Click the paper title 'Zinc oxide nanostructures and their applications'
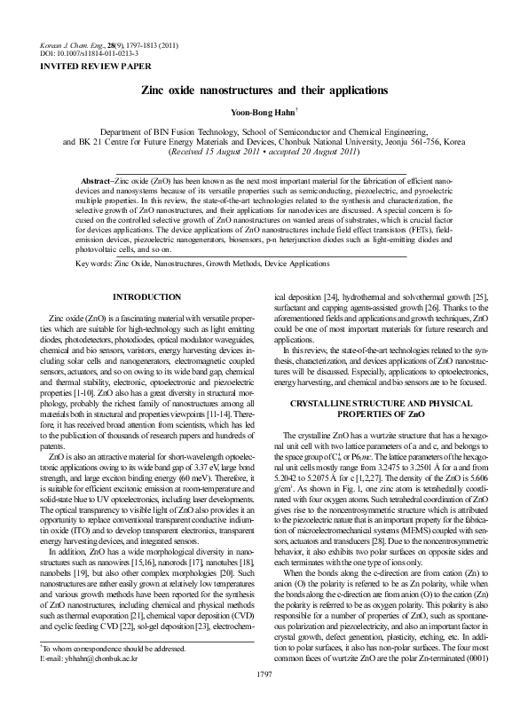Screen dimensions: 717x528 264,91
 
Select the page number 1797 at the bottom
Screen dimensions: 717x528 263,701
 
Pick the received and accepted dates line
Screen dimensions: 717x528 264,152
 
